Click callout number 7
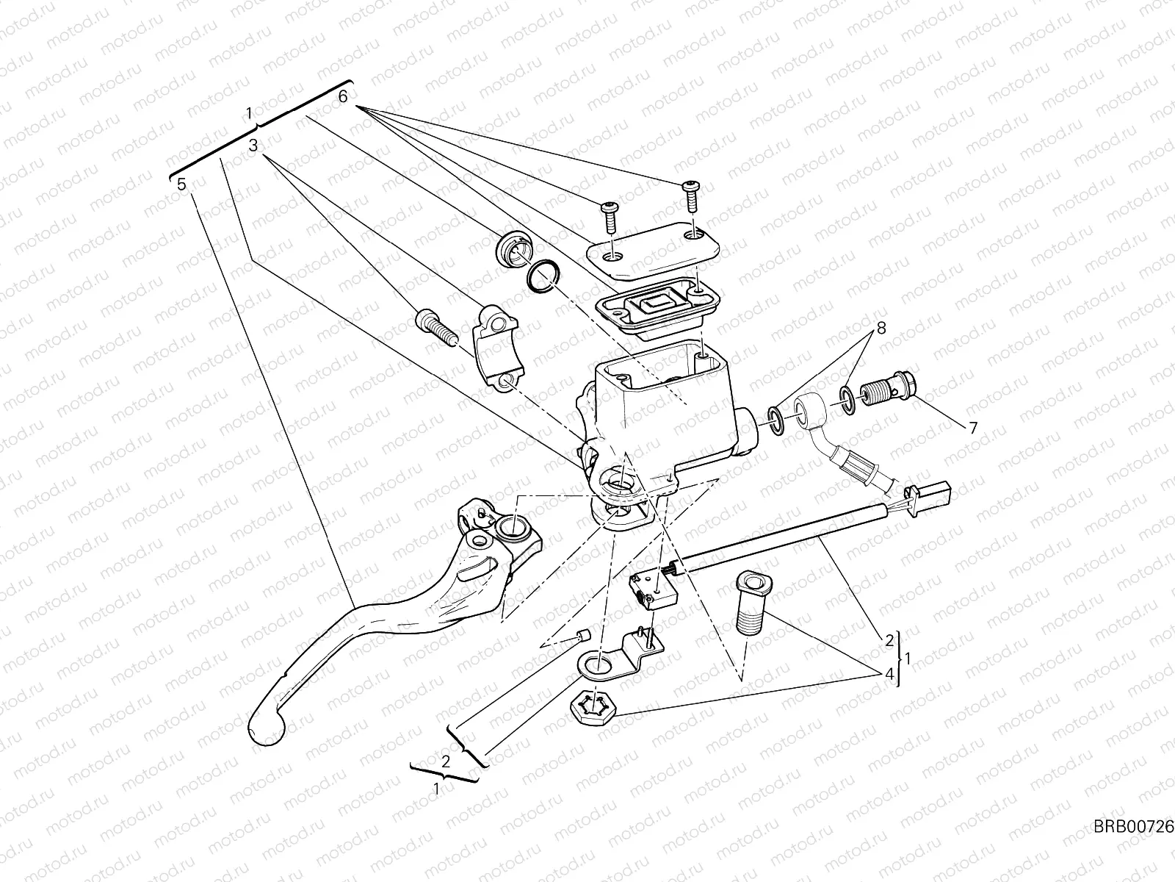tap(973, 428)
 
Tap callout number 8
tap(881, 329)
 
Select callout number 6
tap(343, 96)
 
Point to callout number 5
tap(181, 184)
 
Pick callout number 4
tap(889, 674)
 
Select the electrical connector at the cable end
tap(930, 491)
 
